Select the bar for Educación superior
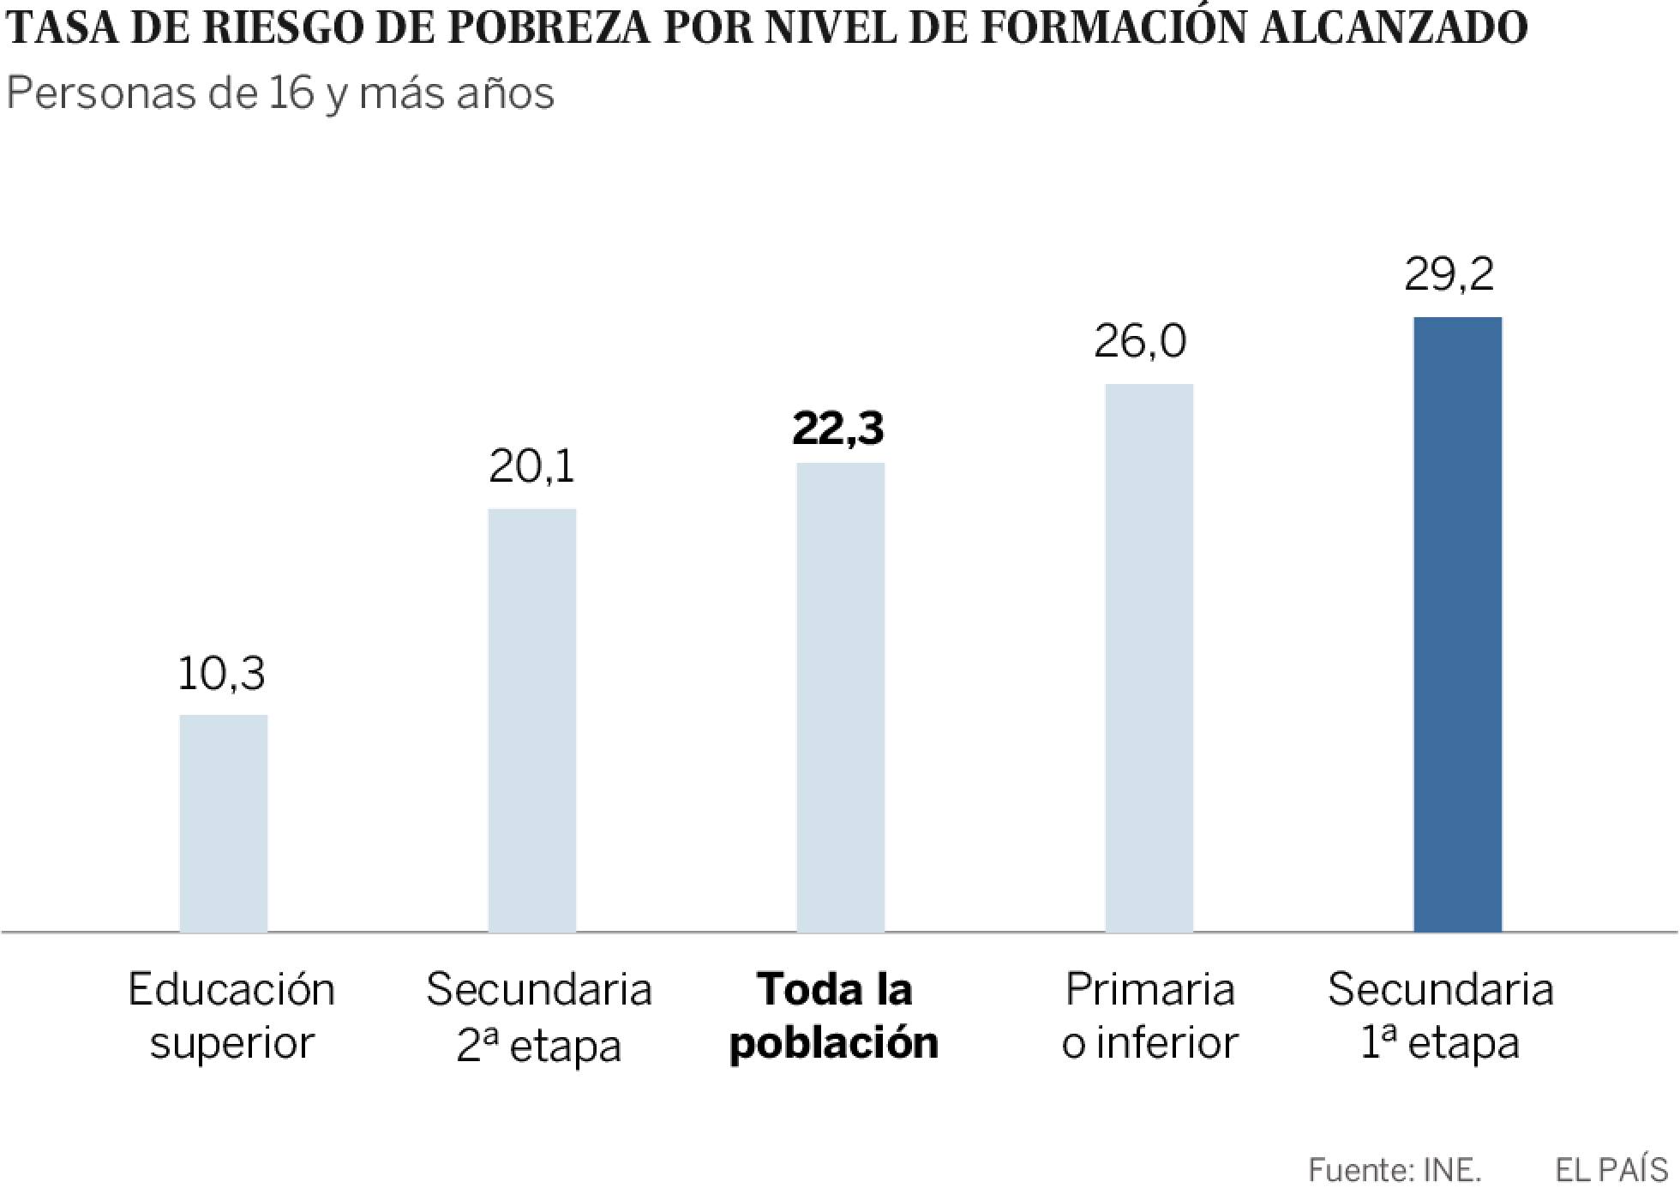point(223,823)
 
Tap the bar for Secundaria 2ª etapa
point(531,720)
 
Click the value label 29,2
point(1449,274)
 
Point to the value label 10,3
point(221,674)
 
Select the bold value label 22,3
point(837,429)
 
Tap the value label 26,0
point(1140,341)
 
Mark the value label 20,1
point(531,467)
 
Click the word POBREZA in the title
point(552,27)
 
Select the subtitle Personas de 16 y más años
point(280,93)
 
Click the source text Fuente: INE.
point(1395,1169)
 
